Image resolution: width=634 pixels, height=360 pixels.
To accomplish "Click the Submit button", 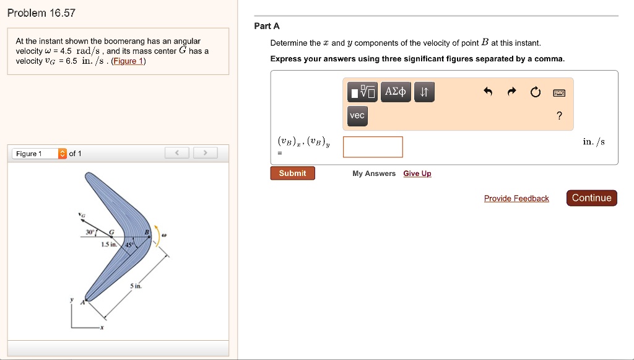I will pos(292,173).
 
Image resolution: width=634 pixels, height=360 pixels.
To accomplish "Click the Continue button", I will pos(591,198).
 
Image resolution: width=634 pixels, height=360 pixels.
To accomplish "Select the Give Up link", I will pos(417,173).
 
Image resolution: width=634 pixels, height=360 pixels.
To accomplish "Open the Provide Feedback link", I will pos(516,198).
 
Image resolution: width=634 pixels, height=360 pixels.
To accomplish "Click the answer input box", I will pos(373,147).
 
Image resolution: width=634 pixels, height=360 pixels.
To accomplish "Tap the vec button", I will pos(357,116).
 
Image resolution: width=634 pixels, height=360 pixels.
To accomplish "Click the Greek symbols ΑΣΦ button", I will pos(395,92).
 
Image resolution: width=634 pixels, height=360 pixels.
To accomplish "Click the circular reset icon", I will pos(535,93).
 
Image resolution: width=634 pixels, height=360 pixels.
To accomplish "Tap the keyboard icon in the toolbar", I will pos(559,93).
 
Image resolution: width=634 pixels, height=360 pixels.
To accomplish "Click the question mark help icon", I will pos(559,116).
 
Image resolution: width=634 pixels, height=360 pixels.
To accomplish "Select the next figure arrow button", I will pos(206,153).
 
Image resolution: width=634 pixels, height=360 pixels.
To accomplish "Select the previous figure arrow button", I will pos(177,153).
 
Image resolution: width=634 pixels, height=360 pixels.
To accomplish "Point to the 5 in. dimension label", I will pos(136,287).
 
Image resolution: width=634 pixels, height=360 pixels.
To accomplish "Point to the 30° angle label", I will pos(90,232).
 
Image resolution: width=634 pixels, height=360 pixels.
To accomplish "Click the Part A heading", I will pos(267,26).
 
